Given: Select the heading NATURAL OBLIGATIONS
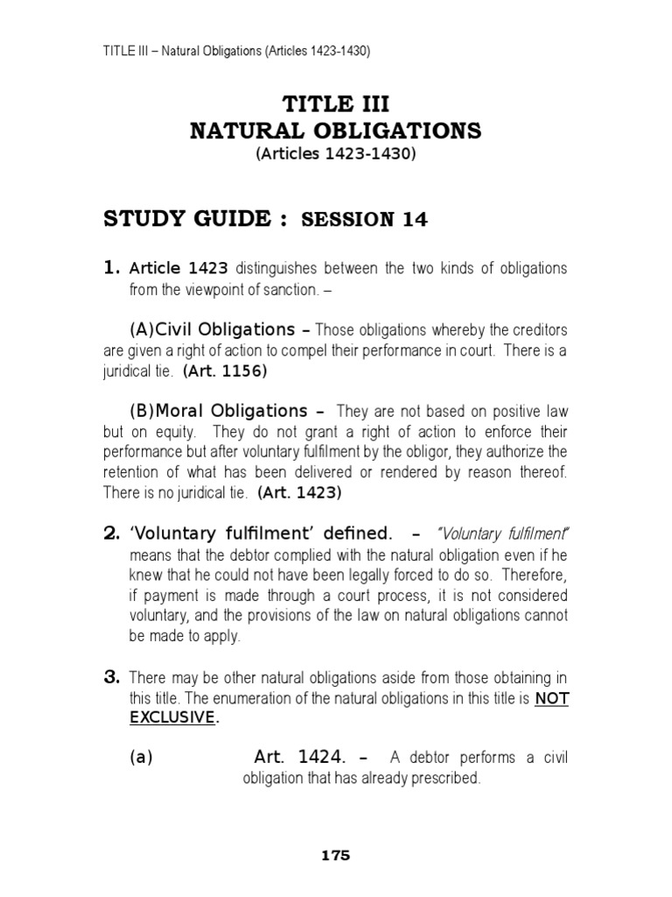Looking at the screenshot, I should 335,131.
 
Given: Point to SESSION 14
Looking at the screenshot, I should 364,220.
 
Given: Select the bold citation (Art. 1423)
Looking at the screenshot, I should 299,493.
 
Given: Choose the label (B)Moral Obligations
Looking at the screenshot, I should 218,410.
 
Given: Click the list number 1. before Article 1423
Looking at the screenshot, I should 112,267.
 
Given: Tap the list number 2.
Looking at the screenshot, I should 112,532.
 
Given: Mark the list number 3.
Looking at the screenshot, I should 112,676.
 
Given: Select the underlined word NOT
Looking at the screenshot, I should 551,698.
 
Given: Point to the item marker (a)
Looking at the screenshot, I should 141,758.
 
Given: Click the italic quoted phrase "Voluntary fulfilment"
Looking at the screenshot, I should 503,533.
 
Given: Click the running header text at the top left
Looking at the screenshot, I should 236,52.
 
